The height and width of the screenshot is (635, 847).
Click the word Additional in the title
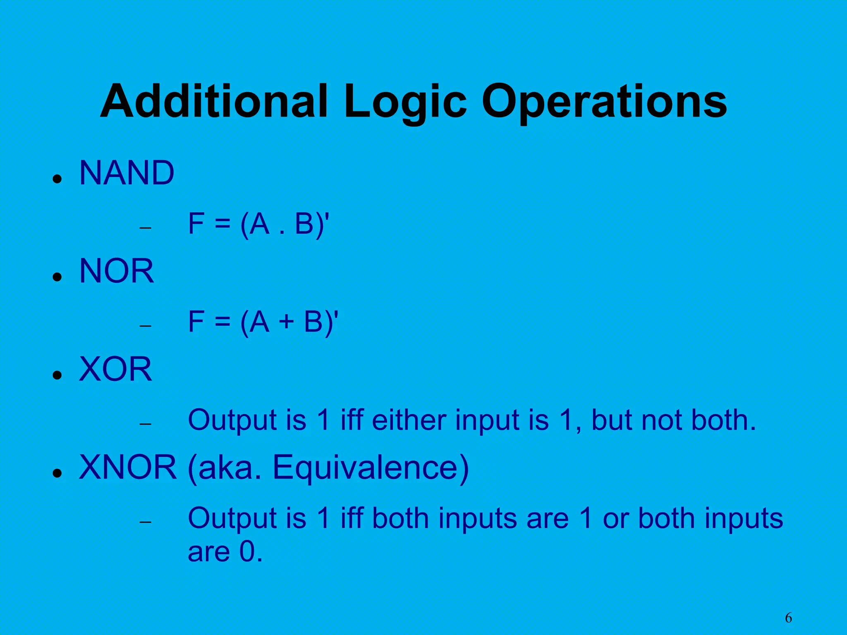(214, 101)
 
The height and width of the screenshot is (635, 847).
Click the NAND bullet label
(127, 173)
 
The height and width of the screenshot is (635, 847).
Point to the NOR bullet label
(116, 271)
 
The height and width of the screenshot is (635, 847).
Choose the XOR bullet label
(115, 369)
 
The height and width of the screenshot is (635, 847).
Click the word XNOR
(128, 467)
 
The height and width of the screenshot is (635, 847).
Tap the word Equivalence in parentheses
(371, 468)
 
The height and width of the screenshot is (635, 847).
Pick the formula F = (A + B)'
(263, 322)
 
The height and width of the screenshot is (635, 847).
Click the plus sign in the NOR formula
(286, 322)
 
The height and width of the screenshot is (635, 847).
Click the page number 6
(788, 618)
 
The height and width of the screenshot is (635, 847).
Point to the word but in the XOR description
(612, 420)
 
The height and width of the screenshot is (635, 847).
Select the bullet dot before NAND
(57, 179)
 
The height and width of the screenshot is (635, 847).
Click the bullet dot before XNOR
(57, 473)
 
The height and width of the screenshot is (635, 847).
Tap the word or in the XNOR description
(615, 518)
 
